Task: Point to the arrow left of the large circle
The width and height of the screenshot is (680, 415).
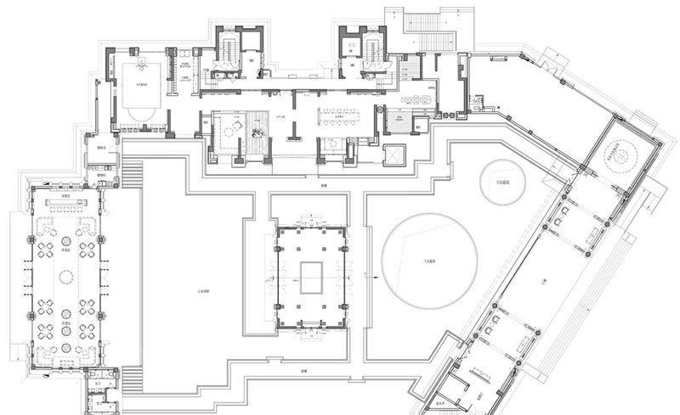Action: click(x=373, y=275)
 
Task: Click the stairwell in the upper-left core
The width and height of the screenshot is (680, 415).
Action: click(x=228, y=50)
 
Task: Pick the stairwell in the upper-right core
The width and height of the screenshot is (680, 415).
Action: click(x=371, y=50)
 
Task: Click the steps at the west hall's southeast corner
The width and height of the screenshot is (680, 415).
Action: click(x=130, y=377)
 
